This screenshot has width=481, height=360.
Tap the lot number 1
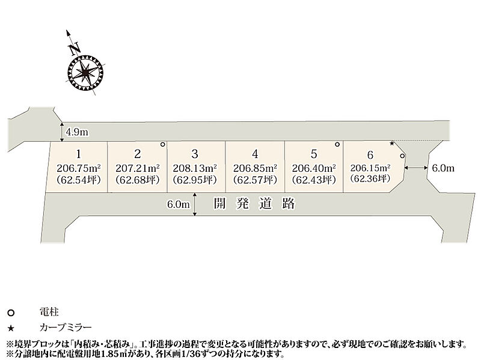[x=78, y=153]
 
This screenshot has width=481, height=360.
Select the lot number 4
[x=256, y=153]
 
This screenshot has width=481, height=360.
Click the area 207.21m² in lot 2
[x=138, y=168]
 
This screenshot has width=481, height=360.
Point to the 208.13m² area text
[x=195, y=168]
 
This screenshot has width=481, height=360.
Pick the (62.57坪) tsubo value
[x=256, y=179]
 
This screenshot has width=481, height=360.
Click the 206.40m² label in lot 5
[x=313, y=168]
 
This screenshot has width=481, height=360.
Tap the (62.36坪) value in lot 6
[x=371, y=178]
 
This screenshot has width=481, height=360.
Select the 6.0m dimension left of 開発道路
[x=179, y=204]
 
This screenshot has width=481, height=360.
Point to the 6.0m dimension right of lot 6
[x=443, y=169]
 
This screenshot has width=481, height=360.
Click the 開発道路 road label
[x=255, y=204]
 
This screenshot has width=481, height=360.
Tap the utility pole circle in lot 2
[x=162, y=145]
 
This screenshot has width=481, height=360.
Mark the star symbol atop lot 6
[x=392, y=144]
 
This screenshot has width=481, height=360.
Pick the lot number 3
[x=194, y=153]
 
